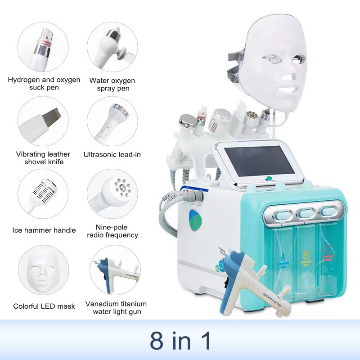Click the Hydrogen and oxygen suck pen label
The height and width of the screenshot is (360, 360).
44,83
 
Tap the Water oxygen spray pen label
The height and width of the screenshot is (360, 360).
112,84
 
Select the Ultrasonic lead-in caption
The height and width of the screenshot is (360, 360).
112,154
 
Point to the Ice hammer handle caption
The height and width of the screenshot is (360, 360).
44,230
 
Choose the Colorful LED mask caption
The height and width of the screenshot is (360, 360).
44,306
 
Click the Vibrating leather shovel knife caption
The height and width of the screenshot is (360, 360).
43,157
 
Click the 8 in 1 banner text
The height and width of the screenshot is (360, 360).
180,341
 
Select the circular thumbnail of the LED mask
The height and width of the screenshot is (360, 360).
43,270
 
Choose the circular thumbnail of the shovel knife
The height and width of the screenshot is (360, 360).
43,121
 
